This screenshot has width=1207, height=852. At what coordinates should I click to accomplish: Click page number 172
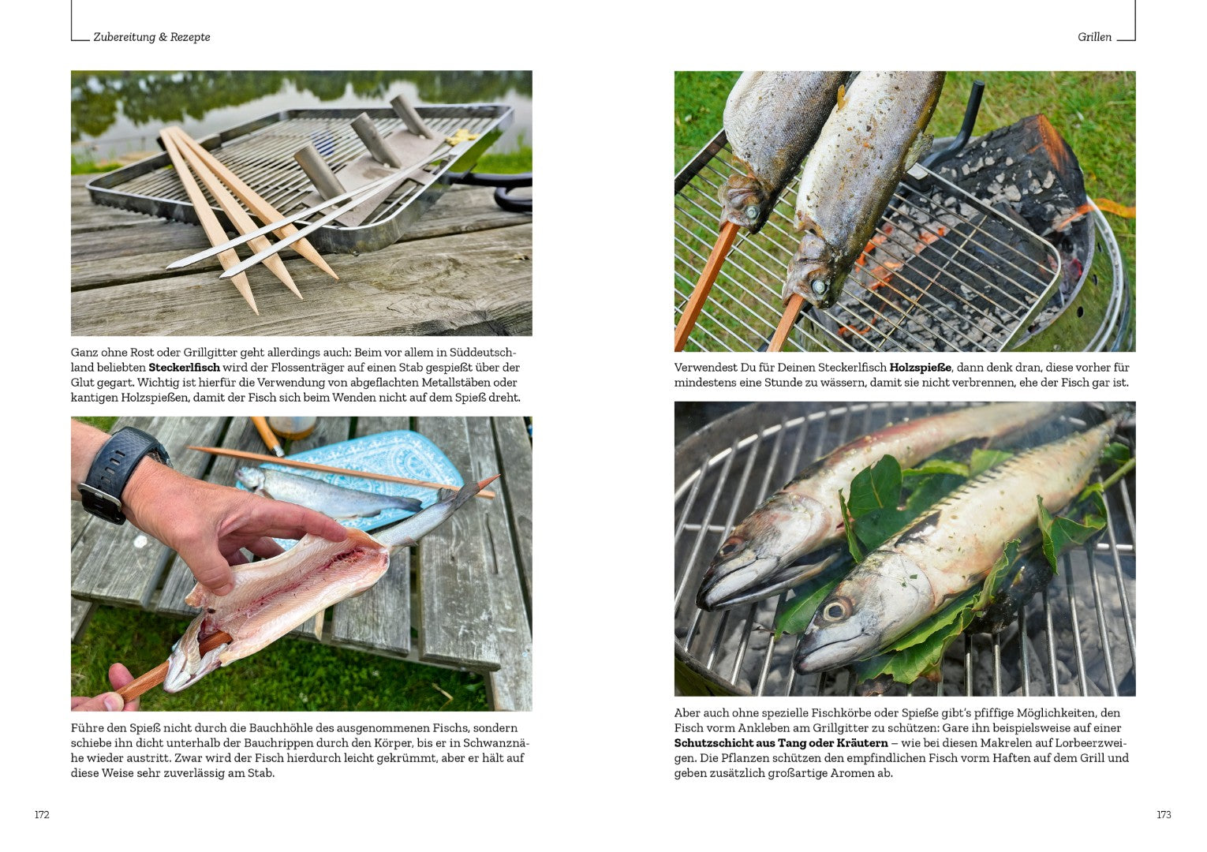(x=42, y=814)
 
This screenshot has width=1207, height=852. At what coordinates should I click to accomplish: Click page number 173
(x=1164, y=814)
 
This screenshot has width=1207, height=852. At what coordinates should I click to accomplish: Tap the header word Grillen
(x=1094, y=37)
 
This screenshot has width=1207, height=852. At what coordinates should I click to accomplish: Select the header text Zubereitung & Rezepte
(x=152, y=37)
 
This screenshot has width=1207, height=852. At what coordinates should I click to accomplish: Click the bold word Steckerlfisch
(x=185, y=368)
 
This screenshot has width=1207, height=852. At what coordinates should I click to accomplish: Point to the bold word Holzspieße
(x=921, y=368)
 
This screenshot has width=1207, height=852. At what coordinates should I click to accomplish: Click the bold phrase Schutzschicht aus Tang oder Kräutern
(x=781, y=743)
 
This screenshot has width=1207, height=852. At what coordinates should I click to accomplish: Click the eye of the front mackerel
(x=835, y=610)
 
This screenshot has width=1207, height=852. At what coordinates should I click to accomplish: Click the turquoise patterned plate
(x=372, y=474)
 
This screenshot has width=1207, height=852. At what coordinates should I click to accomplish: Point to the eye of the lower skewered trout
(x=818, y=286)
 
